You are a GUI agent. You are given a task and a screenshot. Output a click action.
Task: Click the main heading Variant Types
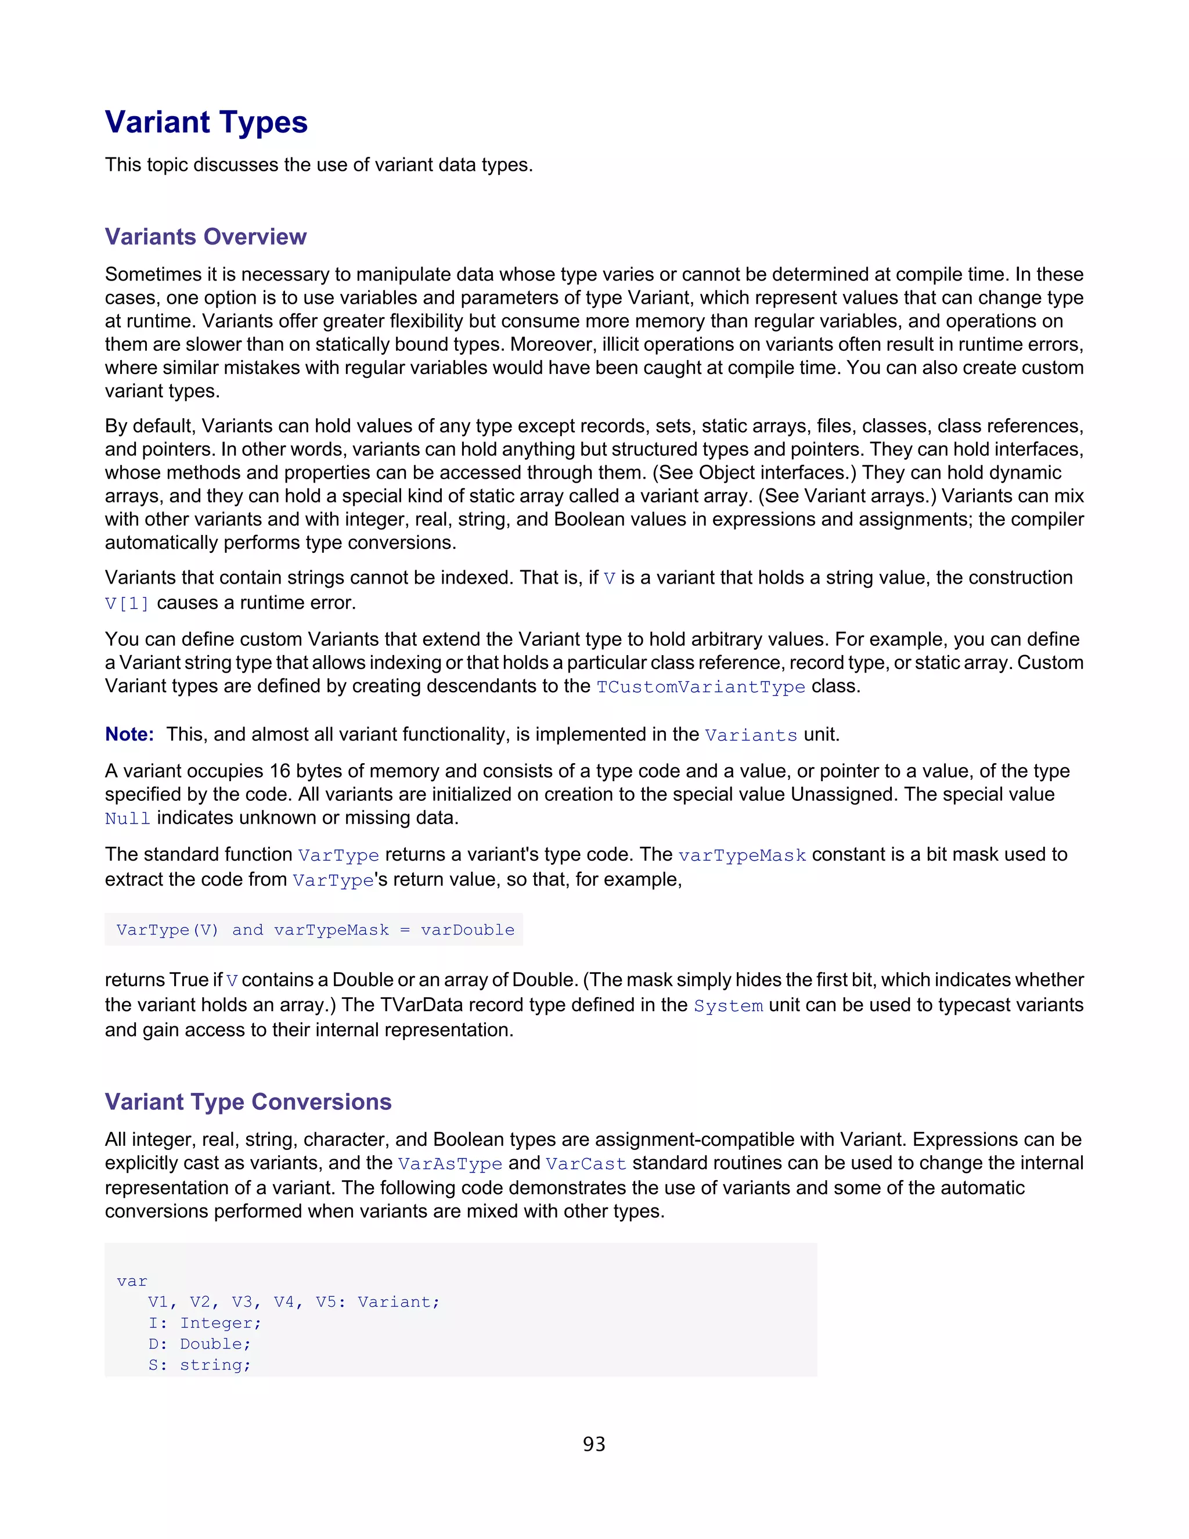point(206,123)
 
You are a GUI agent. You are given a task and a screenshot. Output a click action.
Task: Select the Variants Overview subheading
point(206,237)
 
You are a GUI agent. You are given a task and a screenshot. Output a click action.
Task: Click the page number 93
point(594,1444)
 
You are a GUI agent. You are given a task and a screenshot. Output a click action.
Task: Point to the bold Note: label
point(129,734)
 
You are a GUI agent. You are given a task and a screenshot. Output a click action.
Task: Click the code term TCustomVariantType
point(700,687)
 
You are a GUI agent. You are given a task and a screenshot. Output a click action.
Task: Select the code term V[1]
point(127,604)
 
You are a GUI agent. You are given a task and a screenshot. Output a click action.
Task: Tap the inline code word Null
point(128,819)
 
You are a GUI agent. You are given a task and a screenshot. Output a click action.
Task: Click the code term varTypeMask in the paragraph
point(742,855)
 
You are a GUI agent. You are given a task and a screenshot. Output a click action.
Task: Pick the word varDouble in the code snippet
point(468,930)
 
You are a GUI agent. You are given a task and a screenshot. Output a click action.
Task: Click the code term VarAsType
point(450,1164)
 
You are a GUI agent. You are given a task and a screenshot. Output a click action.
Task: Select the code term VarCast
point(586,1164)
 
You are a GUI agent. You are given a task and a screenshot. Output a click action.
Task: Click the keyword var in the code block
point(132,1281)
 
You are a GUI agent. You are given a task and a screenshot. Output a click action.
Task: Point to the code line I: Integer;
point(204,1324)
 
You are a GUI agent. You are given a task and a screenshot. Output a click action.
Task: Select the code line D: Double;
point(199,1344)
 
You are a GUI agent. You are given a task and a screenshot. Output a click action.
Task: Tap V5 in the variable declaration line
point(326,1302)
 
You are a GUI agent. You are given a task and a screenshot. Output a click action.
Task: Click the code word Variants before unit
point(751,736)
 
